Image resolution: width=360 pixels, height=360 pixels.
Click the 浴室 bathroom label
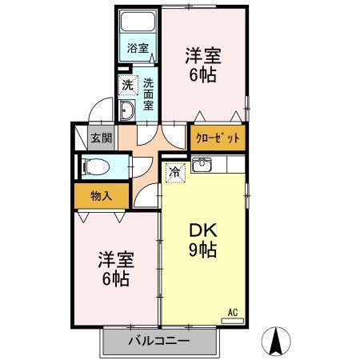point(138,48)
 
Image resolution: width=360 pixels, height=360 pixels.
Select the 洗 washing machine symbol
point(128,83)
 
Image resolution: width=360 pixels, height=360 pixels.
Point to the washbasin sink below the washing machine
point(128,110)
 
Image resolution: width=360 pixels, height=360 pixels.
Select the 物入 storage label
point(100,196)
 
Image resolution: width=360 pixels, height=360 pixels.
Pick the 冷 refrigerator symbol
point(174,170)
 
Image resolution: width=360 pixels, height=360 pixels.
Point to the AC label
point(234,312)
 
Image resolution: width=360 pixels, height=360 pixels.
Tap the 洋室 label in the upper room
point(203,56)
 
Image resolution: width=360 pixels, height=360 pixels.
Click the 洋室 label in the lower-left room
point(115,259)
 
